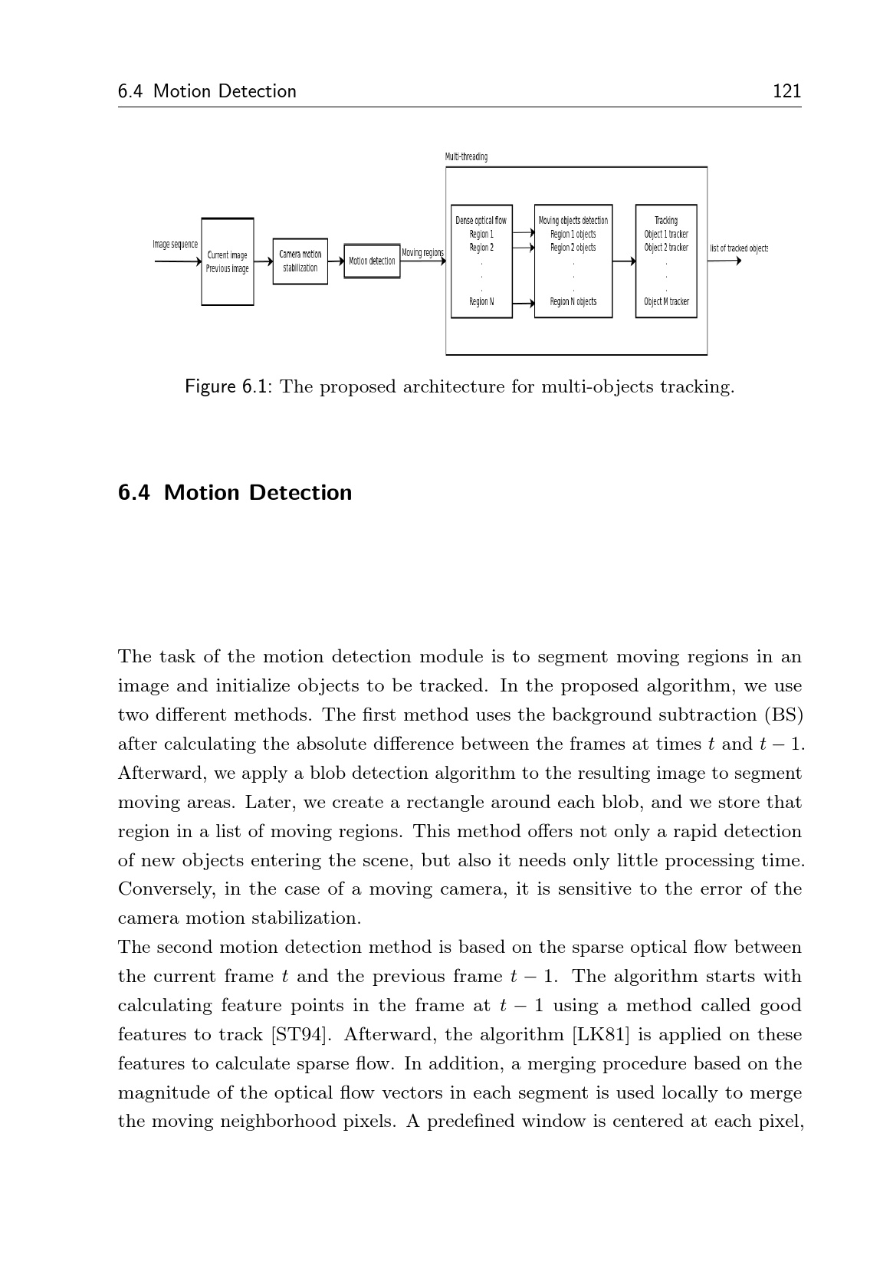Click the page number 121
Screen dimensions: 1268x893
coord(786,91)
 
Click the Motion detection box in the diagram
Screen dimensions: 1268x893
coord(372,261)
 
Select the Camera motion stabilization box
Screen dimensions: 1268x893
coord(300,261)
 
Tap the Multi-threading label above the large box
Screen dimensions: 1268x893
coord(466,157)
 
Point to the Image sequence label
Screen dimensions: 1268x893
coord(175,245)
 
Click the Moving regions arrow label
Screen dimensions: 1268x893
coord(422,252)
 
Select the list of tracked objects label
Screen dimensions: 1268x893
coord(738,248)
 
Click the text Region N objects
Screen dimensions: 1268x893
coord(573,302)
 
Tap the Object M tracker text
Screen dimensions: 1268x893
coord(666,302)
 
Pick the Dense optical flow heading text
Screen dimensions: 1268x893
coord(481,221)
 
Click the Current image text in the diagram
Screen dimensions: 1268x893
coord(227,255)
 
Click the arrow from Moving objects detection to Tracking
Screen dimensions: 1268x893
coord(624,261)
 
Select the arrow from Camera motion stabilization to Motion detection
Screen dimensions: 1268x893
coord(336,261)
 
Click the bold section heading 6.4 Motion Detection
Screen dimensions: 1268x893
coord(235,492)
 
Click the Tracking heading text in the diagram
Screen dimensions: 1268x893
coord(666,221)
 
